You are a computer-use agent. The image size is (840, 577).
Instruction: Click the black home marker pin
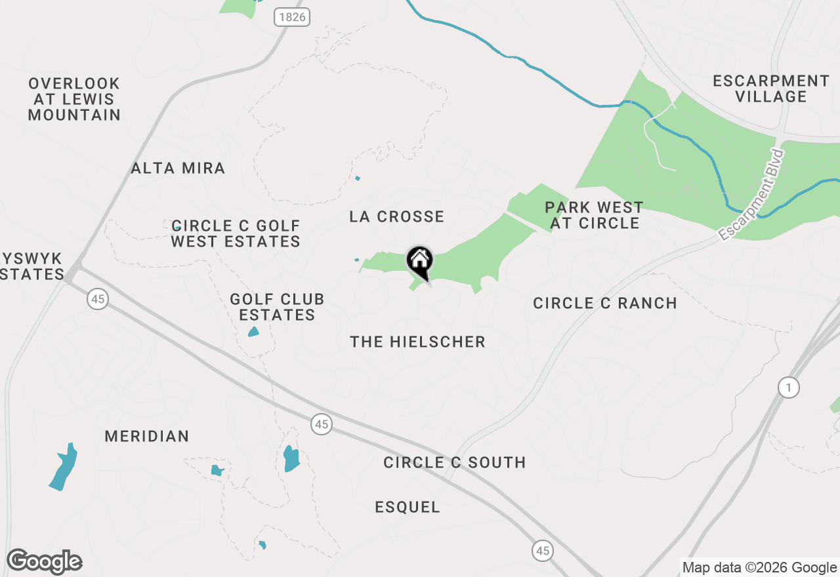tap(420, 262)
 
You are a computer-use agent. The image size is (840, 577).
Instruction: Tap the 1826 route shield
tap(291, 17)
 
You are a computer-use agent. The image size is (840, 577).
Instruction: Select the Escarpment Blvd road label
tap(752, 195)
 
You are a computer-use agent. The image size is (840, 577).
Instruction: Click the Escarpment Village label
tap(771, 89)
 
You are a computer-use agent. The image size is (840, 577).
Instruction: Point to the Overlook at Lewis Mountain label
tap(74, 100)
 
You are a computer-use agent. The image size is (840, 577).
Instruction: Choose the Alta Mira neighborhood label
tap(178, 169)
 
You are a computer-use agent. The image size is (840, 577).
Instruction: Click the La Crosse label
tap(397, 216)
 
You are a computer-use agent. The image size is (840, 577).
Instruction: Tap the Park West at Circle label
tap(595, 215)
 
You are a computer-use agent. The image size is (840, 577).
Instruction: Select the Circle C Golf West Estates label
tap(236, 233)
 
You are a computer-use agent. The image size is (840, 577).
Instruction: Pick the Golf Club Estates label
tap(277, 307)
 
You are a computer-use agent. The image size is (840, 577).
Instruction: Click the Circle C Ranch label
tap(605, 303)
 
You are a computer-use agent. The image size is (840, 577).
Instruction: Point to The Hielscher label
tap(418, 342)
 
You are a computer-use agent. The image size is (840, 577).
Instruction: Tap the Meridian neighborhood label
tap(147, 436)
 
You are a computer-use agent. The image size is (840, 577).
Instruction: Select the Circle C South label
tap(455, 462)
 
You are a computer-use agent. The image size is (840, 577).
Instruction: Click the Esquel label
tap(408, 507)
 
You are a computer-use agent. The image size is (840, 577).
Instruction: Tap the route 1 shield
tap(789, 388)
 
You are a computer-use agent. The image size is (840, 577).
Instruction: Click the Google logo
tap(45, 562)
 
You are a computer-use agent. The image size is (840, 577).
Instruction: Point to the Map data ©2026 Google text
tap(759, 568)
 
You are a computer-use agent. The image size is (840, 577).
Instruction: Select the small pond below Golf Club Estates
tap(253, 332)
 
